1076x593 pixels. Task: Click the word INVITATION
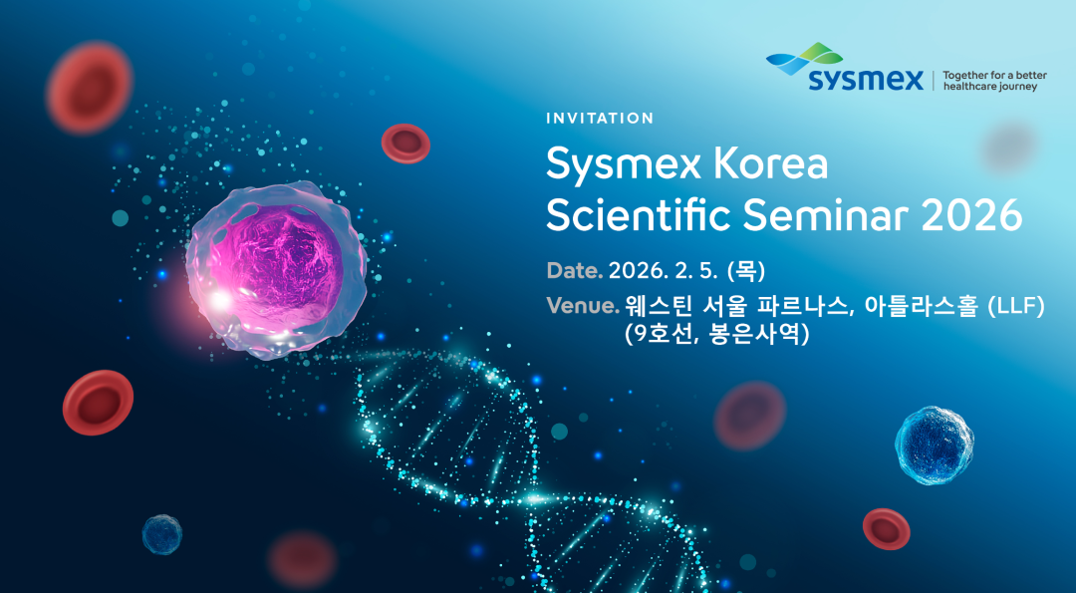tap(600, 118)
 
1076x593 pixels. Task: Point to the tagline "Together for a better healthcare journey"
tap(989, 81)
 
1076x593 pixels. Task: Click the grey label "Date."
tap(575, 271)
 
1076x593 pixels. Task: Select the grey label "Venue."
tap(583, 305)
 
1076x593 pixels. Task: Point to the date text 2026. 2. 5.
tap(665, 271)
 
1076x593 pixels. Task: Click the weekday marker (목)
tap(746, 271)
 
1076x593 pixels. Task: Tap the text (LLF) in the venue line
tap(1015, 307)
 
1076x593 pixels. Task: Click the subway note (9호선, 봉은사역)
tap(717, 334)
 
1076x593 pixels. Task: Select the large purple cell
tap(276, 269)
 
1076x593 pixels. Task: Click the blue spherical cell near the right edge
tap(934, 445)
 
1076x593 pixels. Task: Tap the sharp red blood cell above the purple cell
tap(405, 144)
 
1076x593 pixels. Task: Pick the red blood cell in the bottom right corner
tap(887, 528)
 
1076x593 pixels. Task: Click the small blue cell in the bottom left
tap(162, 534)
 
